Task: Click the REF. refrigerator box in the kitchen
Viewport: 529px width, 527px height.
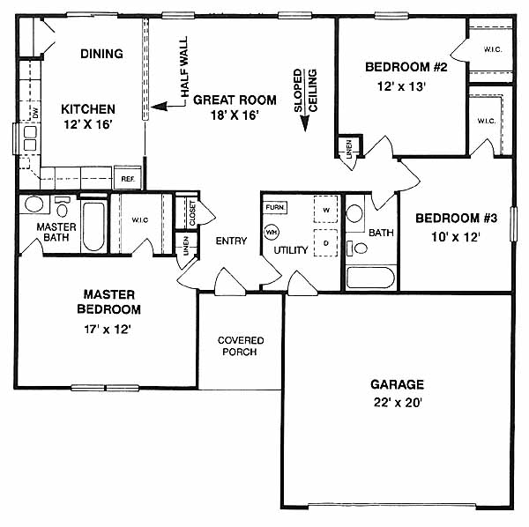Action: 128,178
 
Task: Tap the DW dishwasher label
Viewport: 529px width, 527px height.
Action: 35,113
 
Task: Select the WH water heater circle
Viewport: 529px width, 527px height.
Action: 272,233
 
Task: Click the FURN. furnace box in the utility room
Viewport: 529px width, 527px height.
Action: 275,207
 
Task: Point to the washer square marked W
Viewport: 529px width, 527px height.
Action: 325,210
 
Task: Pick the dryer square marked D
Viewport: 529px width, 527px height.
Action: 325,242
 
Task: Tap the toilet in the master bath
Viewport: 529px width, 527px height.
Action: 62,207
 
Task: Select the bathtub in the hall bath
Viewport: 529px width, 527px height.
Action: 370,278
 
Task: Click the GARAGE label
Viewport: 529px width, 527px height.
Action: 397,384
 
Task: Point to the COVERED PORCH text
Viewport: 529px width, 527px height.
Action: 240,346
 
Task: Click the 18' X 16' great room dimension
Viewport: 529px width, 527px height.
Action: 235,115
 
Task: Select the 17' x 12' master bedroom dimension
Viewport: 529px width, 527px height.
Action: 108,329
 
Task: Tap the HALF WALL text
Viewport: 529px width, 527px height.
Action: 184,68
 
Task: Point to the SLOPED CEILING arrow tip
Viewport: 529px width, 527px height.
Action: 305,130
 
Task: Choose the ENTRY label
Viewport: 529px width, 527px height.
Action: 231,241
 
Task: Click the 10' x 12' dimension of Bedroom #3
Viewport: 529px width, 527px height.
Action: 455,237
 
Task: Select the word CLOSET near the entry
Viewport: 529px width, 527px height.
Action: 192,213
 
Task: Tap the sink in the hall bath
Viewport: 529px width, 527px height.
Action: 354,213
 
